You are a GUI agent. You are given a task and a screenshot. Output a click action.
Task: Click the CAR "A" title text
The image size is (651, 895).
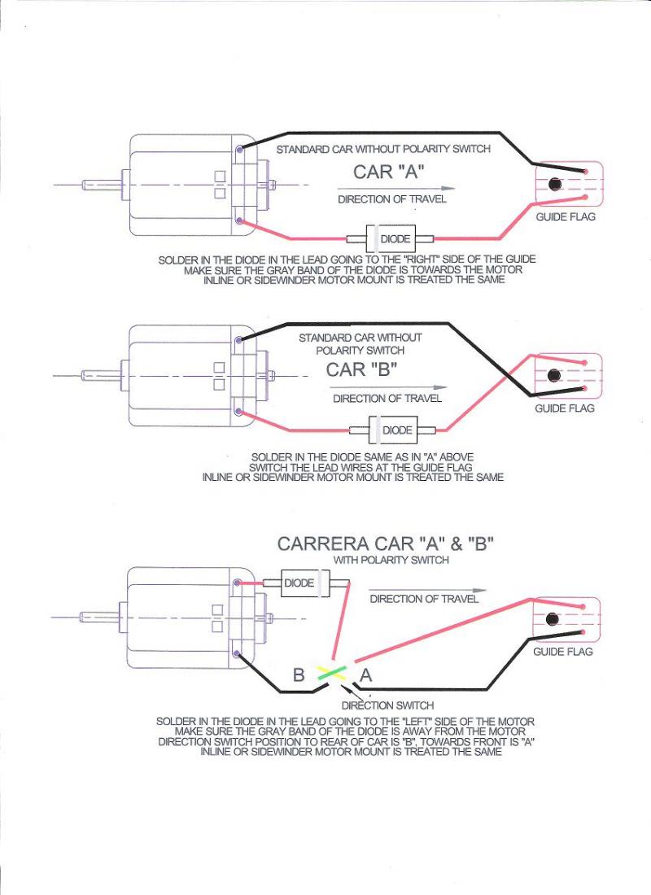[390, 172]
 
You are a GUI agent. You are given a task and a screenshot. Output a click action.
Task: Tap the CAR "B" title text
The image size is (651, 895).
[361, 369]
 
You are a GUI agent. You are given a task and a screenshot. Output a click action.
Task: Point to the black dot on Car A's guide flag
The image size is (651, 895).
[556, 185]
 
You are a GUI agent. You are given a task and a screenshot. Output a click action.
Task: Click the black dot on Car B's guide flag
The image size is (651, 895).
[554, 375]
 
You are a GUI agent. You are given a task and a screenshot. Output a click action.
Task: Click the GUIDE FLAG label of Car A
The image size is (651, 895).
[565, 217]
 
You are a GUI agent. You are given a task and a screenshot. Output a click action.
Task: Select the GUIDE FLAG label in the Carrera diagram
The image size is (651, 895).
[563, 652]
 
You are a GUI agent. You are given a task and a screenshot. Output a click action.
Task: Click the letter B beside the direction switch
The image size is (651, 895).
[299, 675]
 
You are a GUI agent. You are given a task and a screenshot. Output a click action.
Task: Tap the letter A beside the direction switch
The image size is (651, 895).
[366, 675]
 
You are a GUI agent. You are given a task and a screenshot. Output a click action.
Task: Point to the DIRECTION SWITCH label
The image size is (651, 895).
[387, 705]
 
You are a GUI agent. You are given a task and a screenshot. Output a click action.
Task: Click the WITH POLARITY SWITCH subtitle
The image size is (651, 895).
[391, 561]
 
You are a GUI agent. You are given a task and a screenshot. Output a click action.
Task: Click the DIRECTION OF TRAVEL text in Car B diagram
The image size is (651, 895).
[387, 399]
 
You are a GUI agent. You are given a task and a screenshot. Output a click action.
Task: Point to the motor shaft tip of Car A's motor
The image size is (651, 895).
[82, 185]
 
